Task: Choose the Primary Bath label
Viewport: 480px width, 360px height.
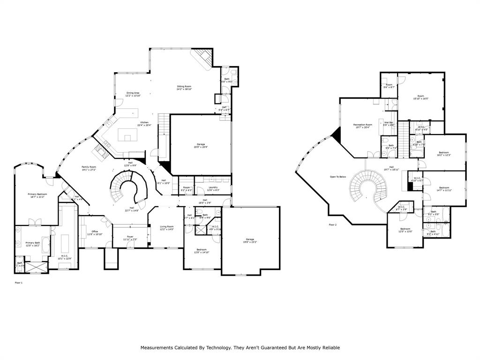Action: (x=33, y=243)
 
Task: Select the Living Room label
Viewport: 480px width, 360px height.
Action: (x=166, y=227)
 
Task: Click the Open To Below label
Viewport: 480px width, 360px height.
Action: (x=338, y=177)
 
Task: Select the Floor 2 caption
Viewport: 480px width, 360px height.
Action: (x=332, y=225)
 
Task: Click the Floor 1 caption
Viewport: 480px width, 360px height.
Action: (x=19, y=283)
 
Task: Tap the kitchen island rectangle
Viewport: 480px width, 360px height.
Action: (x=127, y=135)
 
